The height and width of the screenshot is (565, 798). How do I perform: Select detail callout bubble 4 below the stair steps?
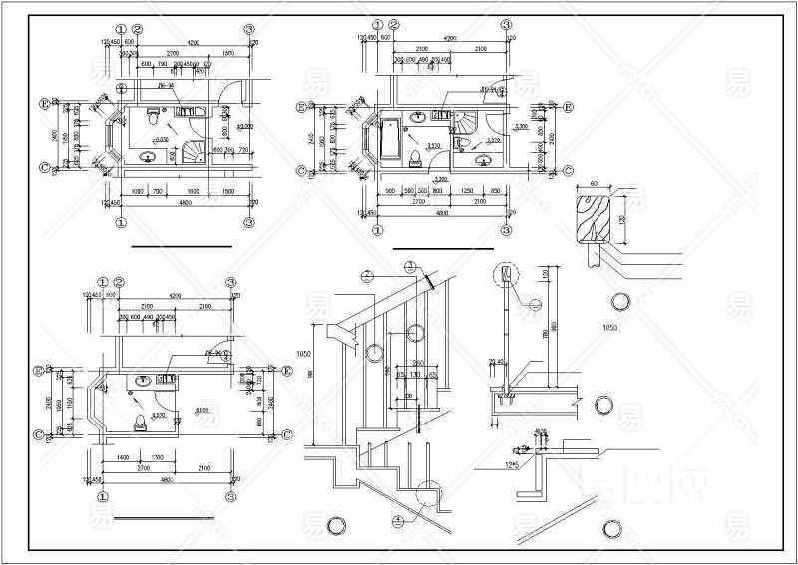(398, 519)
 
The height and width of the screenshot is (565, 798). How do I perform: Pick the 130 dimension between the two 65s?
(414, 375)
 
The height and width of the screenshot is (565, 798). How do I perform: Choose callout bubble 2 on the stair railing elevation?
(366, 274)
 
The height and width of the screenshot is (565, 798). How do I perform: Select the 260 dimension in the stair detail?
(418, 362)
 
